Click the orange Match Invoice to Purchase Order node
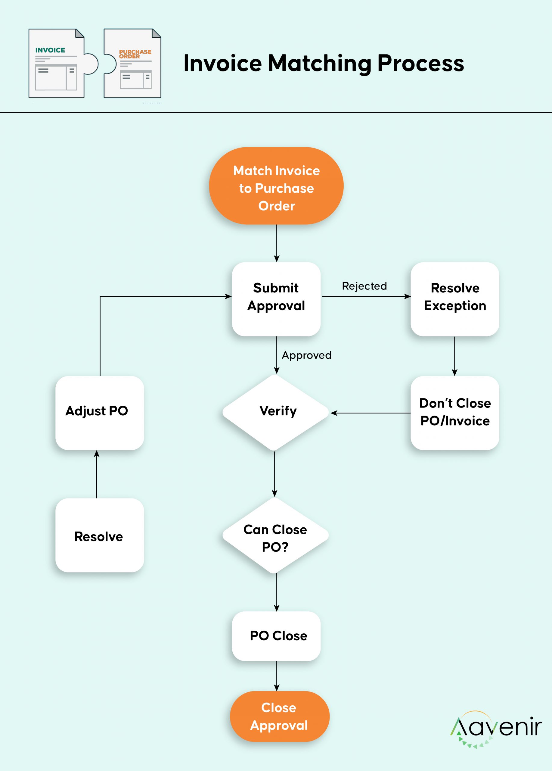[276, 186]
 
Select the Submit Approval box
[276, 299]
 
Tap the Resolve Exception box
[455, 299]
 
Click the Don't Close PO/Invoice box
[455, 413]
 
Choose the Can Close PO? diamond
[275, 535]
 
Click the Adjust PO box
[100, 413]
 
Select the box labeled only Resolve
[100, 535]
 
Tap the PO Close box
[276, 636]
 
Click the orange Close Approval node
[280, 716]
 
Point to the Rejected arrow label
[364, 286]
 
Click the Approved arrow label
[306, 355]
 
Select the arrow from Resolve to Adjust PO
[97, 474]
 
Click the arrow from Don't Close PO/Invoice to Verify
[371, 413]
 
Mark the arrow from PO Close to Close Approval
[277, 676]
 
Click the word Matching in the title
[320, 64]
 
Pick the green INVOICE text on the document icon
[50, 50]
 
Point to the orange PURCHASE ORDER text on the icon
[135, 54]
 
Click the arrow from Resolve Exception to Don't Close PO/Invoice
[454, 356]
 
